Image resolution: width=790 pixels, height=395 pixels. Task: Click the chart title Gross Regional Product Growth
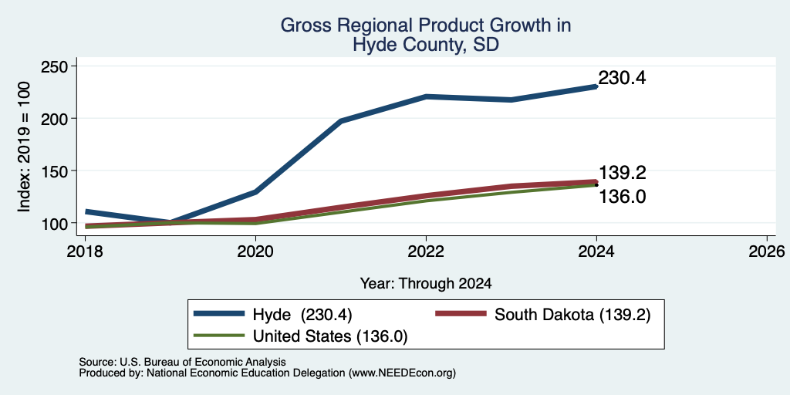pos(426,25)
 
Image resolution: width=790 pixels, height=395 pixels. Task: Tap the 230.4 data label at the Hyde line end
pos(622,78)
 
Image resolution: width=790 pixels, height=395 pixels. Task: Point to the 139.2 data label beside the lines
pos(623,173)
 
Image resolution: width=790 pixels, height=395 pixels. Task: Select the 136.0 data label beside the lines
pos(623,197)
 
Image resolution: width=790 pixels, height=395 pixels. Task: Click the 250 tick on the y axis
pos(55,66)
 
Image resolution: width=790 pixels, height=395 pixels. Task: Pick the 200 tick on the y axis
pos(55,118)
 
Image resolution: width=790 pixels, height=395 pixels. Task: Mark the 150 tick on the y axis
pos(55,170)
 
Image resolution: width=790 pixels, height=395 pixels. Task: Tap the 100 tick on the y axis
pos(55,223)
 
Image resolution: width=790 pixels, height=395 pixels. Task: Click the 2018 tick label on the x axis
pos(86,251)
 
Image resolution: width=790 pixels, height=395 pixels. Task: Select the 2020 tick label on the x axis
pos(256,251)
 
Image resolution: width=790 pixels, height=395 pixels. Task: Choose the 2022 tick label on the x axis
pos(426,251)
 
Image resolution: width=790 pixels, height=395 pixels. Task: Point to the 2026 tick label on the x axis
pos(767,251)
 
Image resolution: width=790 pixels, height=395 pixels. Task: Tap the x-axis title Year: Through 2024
pos(426,284)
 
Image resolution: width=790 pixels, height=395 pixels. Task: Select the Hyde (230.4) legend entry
pos(273,315)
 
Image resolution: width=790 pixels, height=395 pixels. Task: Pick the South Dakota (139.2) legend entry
pos(543,315)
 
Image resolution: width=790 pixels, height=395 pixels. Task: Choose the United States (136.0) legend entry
pos(301,336)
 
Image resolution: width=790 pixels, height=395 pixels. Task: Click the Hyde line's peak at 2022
pos(426,96)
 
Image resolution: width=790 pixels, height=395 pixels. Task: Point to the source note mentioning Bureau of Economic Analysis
pos(182,362)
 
